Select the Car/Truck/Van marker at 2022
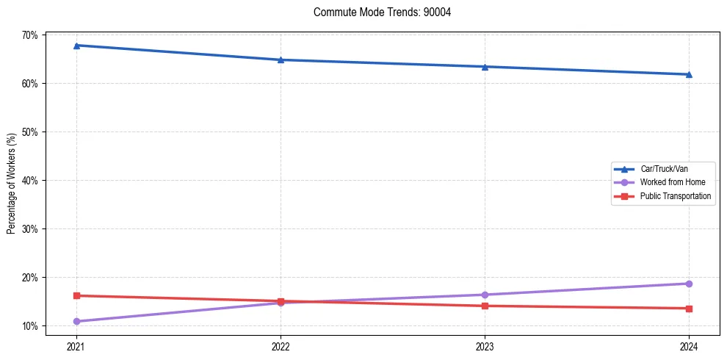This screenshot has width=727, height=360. [281, 60]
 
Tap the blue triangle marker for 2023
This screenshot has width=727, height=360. [485, 67]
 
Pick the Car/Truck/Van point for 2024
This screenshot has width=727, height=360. [689, 74]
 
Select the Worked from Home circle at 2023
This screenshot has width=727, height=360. [485, 295]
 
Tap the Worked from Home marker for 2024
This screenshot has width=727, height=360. [689, 284]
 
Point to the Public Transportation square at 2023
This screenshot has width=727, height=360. [485, 306]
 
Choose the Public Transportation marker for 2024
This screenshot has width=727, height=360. [689, 309]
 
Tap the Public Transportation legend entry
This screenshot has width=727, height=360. [675, 196]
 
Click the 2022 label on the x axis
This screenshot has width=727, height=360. [281, 345]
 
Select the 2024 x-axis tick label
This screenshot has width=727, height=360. [689, 345]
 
